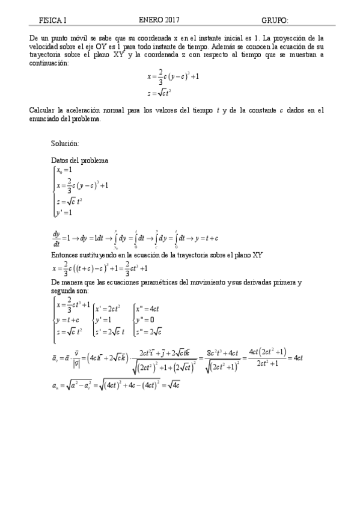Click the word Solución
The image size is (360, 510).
point(65,144)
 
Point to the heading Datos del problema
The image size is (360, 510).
point(80,161)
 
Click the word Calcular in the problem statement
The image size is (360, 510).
point(42,110)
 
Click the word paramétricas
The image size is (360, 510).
point(177,281)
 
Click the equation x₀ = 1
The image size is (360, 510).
point(64,171)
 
